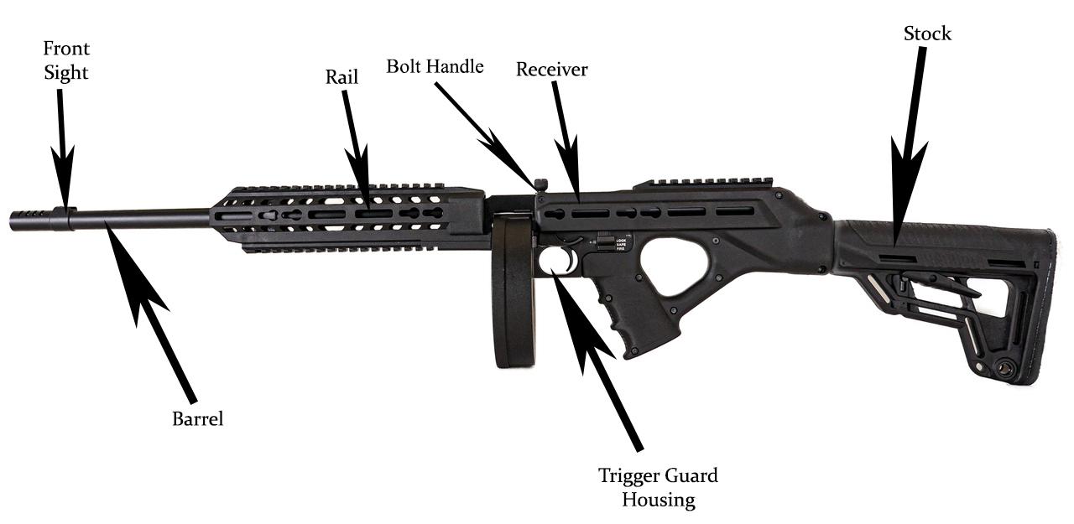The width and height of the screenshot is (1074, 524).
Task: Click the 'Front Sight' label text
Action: [66, 60]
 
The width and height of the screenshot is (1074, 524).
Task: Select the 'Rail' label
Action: [341, 77]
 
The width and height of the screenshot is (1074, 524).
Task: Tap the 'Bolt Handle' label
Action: [435, 66]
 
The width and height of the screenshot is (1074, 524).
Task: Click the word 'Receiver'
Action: [551, 70]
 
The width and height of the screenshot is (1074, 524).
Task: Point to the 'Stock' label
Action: [927, 34]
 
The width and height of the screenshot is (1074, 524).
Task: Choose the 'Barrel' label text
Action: [198, 419]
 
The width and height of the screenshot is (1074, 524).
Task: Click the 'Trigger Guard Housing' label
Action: [658, 488]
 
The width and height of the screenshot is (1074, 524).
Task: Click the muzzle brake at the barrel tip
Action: [34, 220]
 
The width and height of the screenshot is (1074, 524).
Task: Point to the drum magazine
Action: [514, 289]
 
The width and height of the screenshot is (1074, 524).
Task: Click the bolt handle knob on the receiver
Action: [541, 184]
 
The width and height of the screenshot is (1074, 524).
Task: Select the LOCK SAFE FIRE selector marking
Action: [620, 244]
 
